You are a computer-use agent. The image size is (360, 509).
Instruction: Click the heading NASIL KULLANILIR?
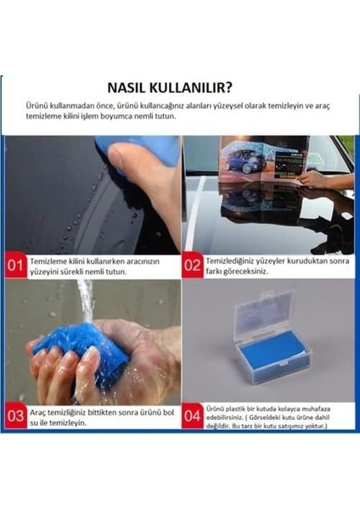pos(179,87)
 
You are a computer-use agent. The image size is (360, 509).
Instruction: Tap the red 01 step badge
pos(16,266)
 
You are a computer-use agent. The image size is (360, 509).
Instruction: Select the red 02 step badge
pos(193,266)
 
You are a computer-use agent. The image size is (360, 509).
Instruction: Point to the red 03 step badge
pos(16,416)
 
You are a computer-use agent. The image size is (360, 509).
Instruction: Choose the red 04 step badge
pos(193,416)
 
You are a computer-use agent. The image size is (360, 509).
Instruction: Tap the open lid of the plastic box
pos(263,310)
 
